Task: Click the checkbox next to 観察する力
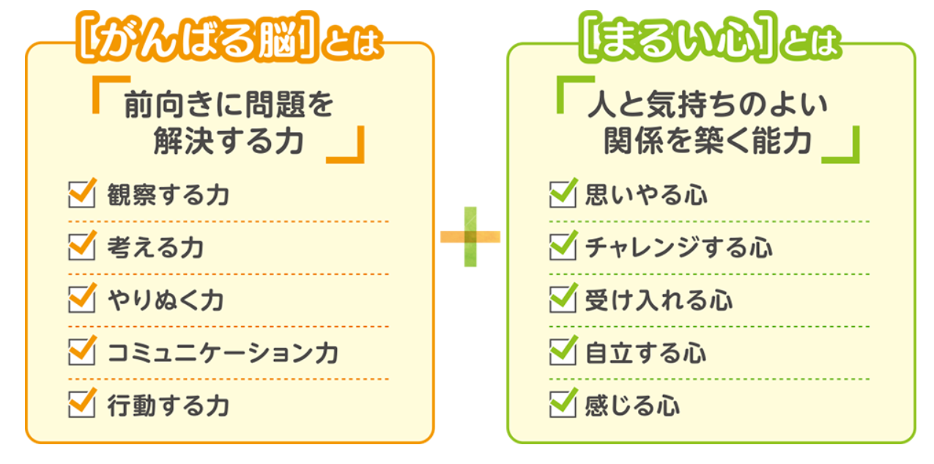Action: point(81,196)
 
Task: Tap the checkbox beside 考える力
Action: point(81,248)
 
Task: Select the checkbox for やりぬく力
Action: point(81,301)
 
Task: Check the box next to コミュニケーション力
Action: point(81,353)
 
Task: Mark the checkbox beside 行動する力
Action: point(81,405)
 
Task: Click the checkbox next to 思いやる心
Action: point(562,196)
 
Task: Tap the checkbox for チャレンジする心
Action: point(562,248)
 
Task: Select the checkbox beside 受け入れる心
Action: point(562,301)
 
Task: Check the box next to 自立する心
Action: point(562,353)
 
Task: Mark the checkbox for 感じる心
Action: point(562,405)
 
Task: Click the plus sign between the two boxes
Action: point(470,236)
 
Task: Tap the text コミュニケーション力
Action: point(223,353)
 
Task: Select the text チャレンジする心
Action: point(678,248)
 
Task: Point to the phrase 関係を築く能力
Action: point(707,141)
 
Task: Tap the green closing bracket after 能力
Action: point(842,147)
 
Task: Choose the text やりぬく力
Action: point(166,301)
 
